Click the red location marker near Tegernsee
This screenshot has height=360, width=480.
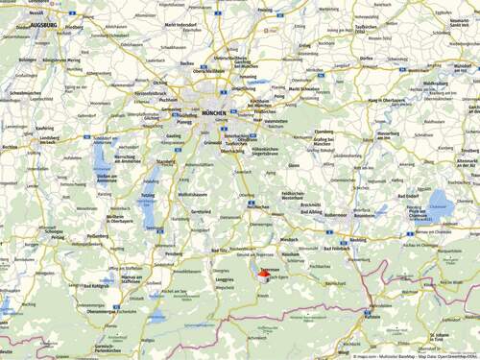266,274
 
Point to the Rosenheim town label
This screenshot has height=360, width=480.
364,215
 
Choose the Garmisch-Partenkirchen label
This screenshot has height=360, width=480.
108,347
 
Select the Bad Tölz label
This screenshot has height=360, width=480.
221,251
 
